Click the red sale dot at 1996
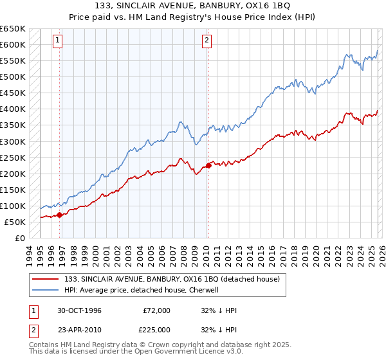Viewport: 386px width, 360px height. pyautogui.click(x=60, y=215)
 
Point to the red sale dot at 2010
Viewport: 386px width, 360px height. pyautogui.click(x=208, y=166)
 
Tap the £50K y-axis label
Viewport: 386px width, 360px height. pyautogui.click(x=15, y=222)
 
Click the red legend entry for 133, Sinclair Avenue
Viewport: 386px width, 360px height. pyautogui.click(x=172, y=279)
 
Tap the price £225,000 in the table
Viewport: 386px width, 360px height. pyautogui.click(x=157, y=330)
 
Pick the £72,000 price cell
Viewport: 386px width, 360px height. pyautogui.click(x=157, y=310)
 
